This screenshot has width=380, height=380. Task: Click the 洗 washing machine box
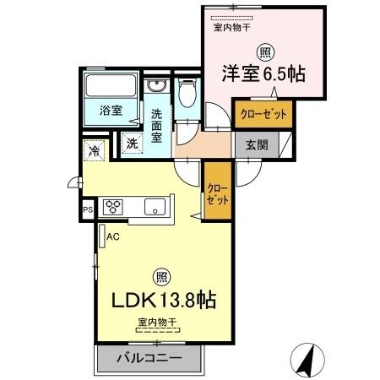pos(132,143)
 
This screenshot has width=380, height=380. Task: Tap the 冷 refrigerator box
pos(93,153)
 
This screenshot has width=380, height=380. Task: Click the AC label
pos(112,237)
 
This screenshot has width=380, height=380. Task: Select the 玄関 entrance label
pos(258,144)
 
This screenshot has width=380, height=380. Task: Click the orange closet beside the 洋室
pos(262,113)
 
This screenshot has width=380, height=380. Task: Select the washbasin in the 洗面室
pos(157,88)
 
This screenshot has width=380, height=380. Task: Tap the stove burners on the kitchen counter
pos(114,207)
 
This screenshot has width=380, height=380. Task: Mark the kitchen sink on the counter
pos(154,207)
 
